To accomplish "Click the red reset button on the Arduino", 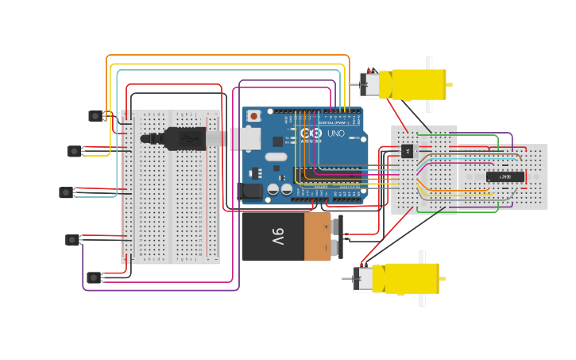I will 253,116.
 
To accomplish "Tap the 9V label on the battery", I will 277,236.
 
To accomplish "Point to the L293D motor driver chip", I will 504,176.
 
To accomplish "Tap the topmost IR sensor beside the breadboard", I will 95,116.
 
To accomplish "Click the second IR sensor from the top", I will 74,151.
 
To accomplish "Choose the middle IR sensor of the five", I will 66,192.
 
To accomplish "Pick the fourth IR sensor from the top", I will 72,239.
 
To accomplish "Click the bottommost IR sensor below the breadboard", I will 94,277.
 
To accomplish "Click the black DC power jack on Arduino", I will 250,191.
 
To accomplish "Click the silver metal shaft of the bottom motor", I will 347,279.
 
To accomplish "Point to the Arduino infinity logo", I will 311,133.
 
